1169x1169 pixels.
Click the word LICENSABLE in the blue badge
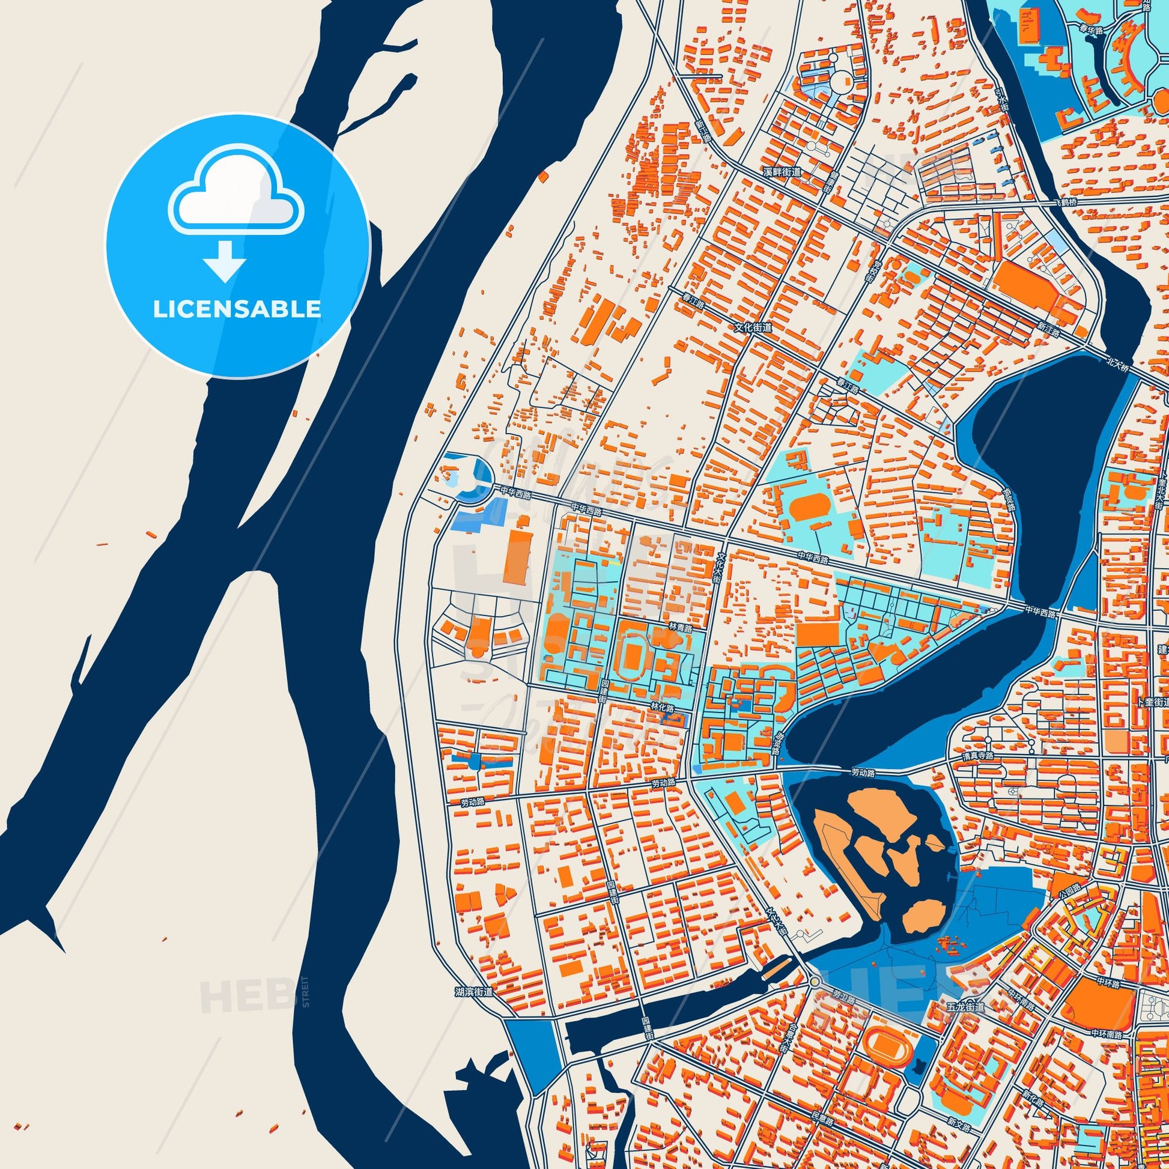click(x=237, y=309)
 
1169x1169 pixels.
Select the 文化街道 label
click(x=753, y=327)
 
